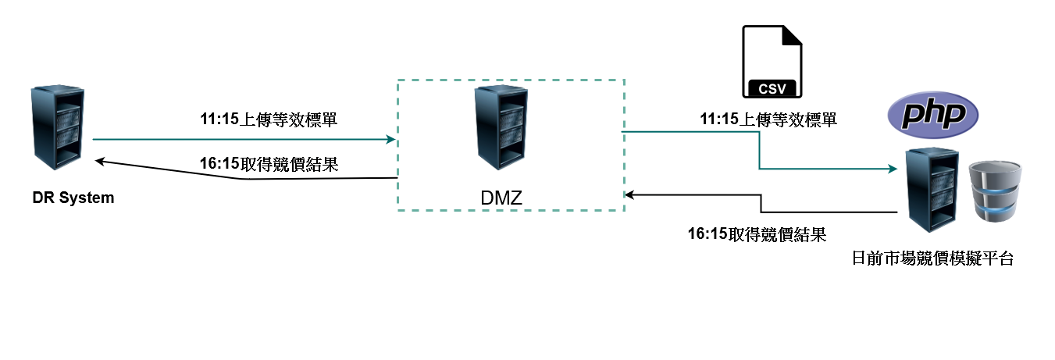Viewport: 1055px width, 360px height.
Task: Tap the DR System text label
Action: pos(73,198)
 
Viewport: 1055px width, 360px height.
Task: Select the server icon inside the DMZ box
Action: pos(501,127)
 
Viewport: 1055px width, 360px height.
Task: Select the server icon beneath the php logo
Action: pos(930,190)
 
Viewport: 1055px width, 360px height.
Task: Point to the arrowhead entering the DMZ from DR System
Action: pos(391,140)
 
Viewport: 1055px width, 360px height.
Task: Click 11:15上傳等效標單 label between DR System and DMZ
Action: pos(269,119)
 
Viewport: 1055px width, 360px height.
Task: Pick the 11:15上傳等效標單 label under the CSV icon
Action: pos(768,119)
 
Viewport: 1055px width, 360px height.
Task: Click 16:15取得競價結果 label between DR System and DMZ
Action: pos(269,165)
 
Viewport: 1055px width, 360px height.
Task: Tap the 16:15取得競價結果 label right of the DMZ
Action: pos(757,233)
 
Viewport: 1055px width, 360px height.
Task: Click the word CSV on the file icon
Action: pos(773,87)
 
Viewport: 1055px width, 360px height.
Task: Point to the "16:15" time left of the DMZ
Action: pos(219,165)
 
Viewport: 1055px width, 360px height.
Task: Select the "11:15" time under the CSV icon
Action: pos(718,119)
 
